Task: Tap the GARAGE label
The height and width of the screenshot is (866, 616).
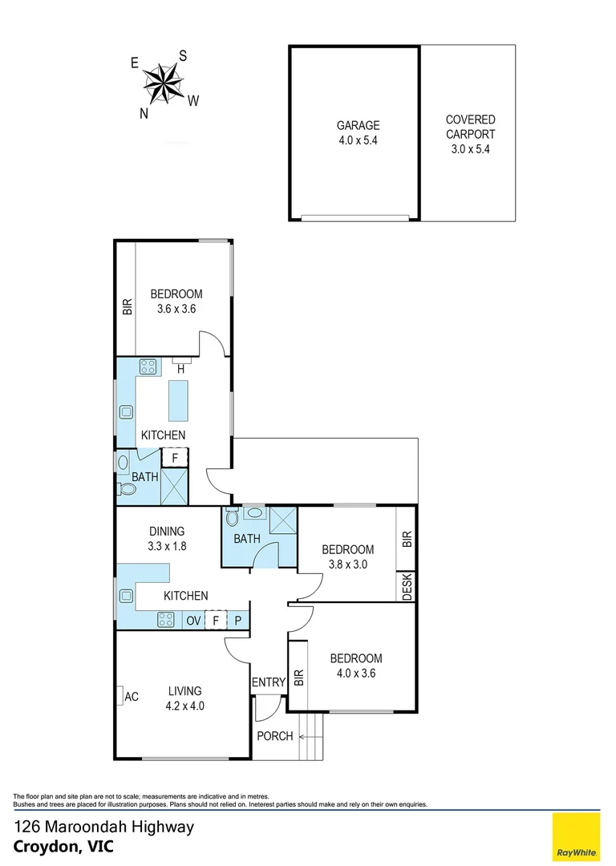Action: pos(358,125)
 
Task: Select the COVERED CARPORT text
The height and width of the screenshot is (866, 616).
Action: pos(470,134)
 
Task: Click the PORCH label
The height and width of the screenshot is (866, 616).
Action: pos(274,736)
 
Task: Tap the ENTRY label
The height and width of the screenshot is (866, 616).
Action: pos(268,682)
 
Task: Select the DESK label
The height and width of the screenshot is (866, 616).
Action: pos(407,586)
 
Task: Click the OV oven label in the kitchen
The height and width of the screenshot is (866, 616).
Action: pos(193,620)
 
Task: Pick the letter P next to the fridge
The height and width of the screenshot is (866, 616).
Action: pos(238,620)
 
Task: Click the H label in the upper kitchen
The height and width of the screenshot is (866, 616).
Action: pos(181,369)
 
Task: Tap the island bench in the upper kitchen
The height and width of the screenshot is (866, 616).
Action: pos(178,400)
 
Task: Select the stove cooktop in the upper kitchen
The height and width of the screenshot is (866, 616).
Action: pos(148,366)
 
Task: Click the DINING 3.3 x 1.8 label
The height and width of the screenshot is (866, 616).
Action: pos(166,538)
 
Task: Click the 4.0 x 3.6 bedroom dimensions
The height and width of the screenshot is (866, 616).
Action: pos(352,673)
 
